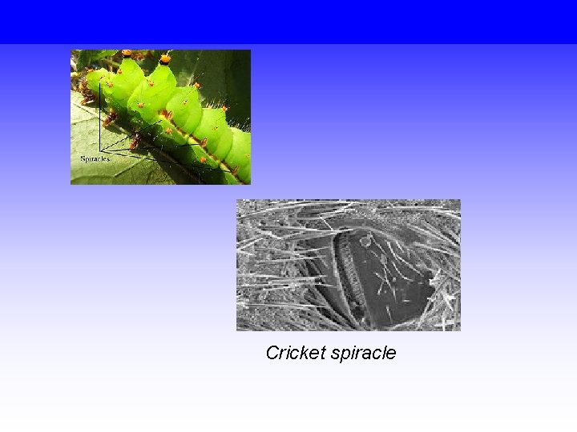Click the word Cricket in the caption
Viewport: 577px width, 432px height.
(293, 353)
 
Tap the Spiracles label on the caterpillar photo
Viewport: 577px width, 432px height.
(95, 159)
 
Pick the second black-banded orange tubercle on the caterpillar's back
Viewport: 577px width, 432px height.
(165, 58)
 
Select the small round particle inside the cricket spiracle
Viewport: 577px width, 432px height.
(365, 241)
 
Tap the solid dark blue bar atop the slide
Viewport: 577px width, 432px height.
(288, 21)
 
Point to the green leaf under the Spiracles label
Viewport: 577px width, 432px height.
(88, 174)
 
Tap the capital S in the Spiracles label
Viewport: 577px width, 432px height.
(83, 159)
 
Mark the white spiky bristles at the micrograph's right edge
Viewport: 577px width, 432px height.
(449, 296)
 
